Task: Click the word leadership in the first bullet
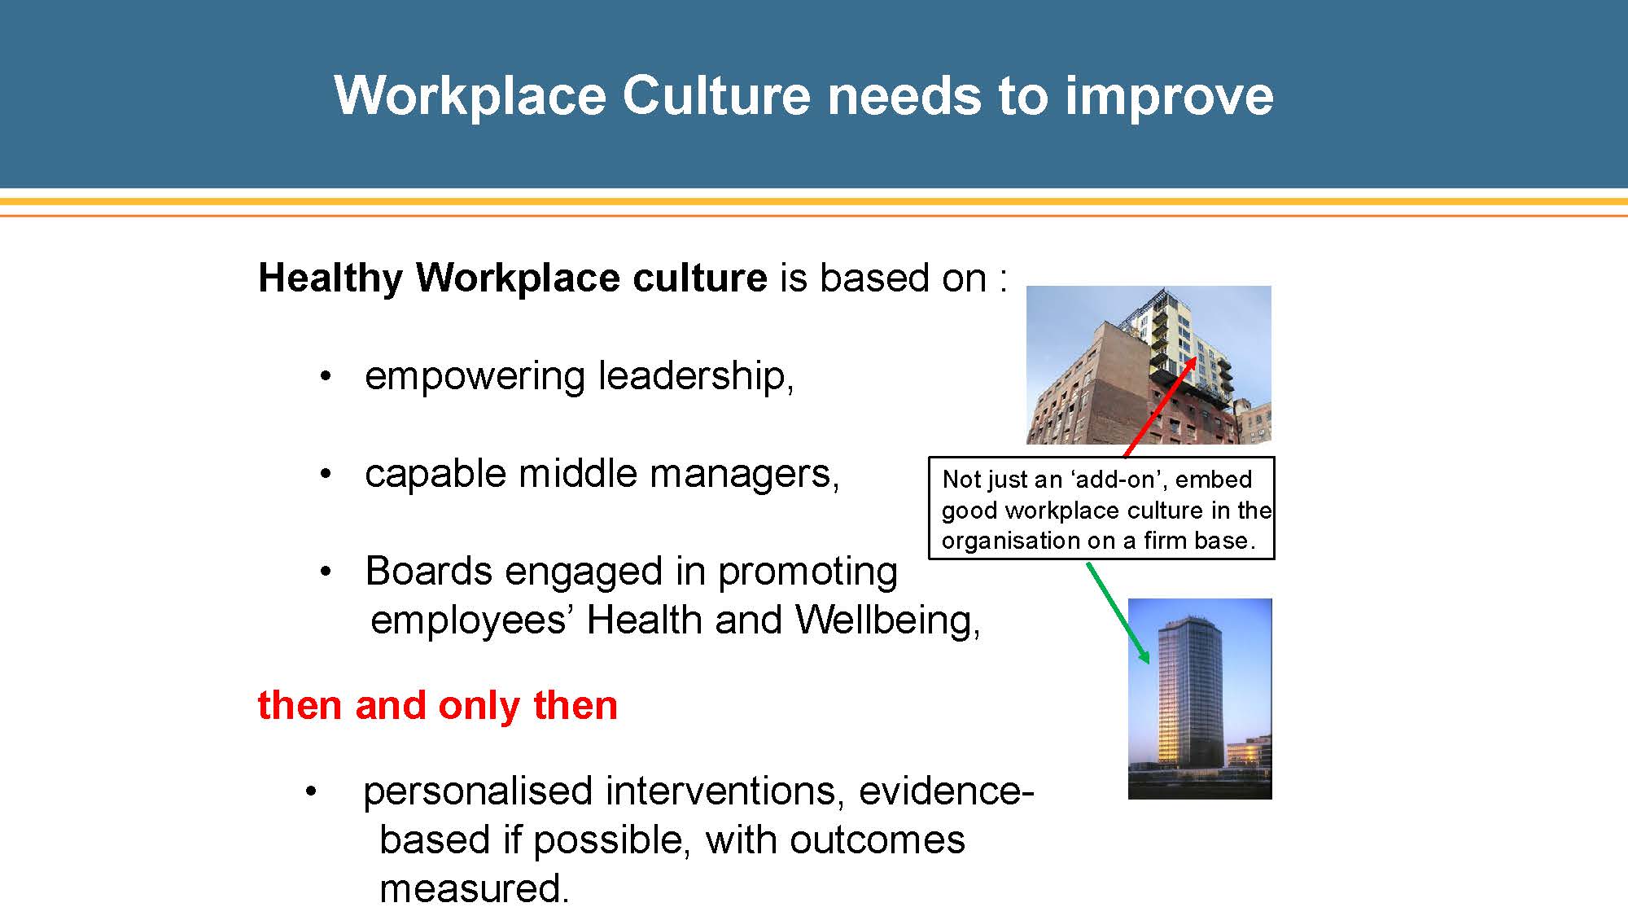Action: click(696, 376)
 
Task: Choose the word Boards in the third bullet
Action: click(428, 571)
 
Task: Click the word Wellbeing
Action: click(887, 621)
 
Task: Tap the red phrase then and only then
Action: click(438, 705)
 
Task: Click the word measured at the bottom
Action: click(474, 888)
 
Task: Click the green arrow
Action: click(1118, 613)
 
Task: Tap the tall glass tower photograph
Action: click(1200, 699)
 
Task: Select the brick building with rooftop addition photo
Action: click(1149, 365)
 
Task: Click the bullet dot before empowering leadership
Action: click(326, 377)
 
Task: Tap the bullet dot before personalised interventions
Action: click(310, 792)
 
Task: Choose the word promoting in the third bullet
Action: click(807, 572)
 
